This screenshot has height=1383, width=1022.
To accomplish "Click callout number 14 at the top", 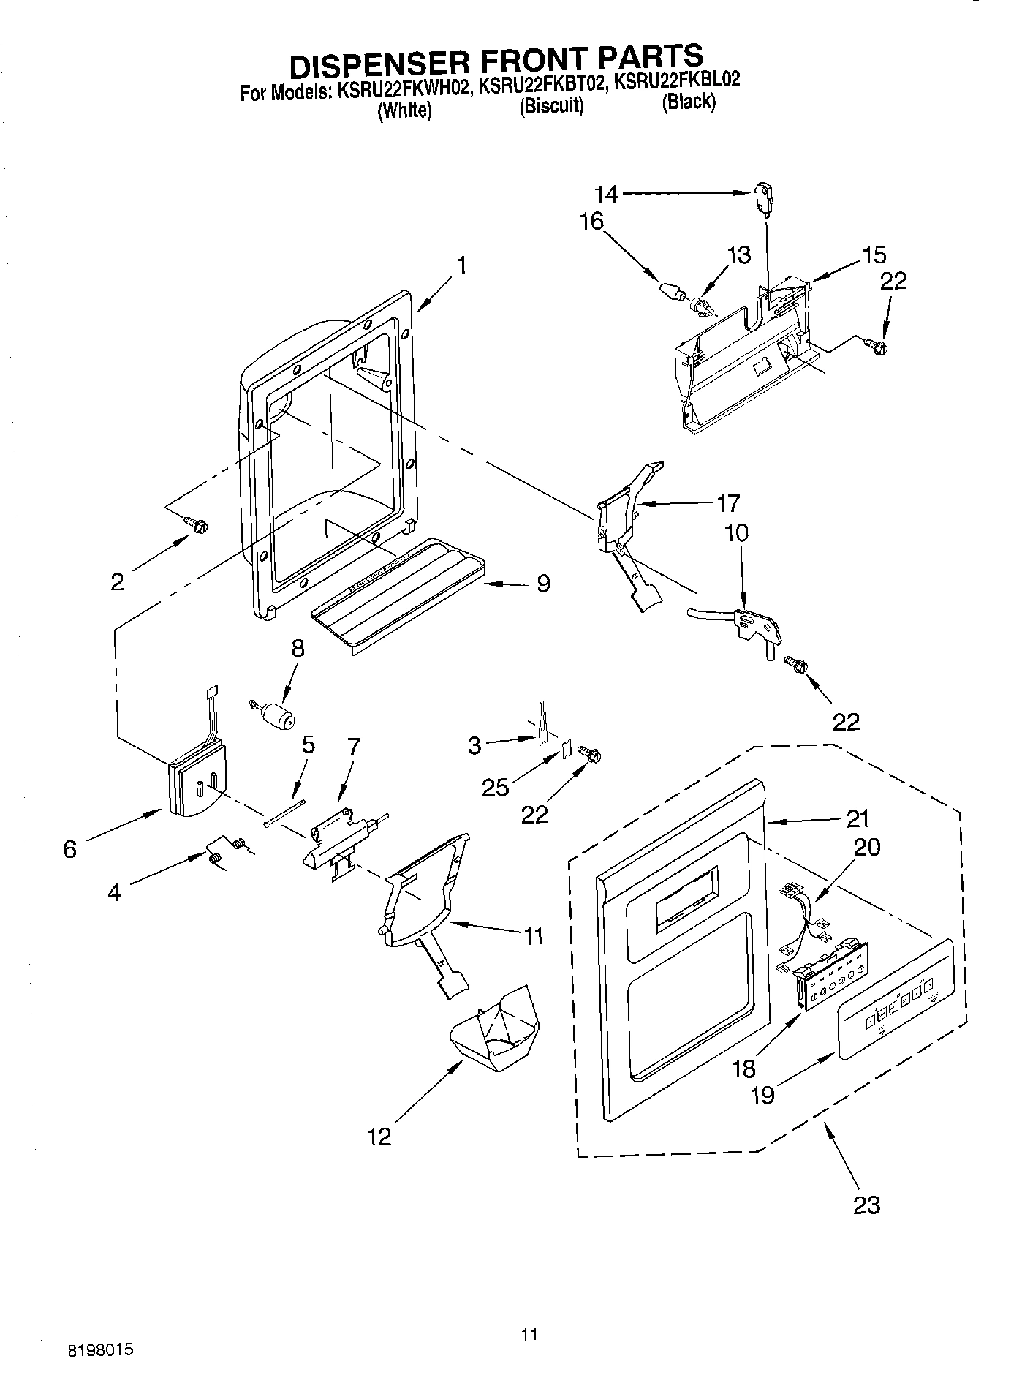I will [x=606, y=194].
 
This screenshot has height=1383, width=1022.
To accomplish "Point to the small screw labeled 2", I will [x=197, y=524].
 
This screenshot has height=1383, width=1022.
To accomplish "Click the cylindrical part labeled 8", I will [x=277, y=716].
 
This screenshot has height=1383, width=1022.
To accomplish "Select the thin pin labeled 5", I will [x=286, y=813].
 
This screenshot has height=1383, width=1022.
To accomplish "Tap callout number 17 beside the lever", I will [x=728, y=503].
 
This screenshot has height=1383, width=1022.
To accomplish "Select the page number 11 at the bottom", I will [x=530, y=1335].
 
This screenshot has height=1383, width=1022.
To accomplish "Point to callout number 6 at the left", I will [x=69, y=849].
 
